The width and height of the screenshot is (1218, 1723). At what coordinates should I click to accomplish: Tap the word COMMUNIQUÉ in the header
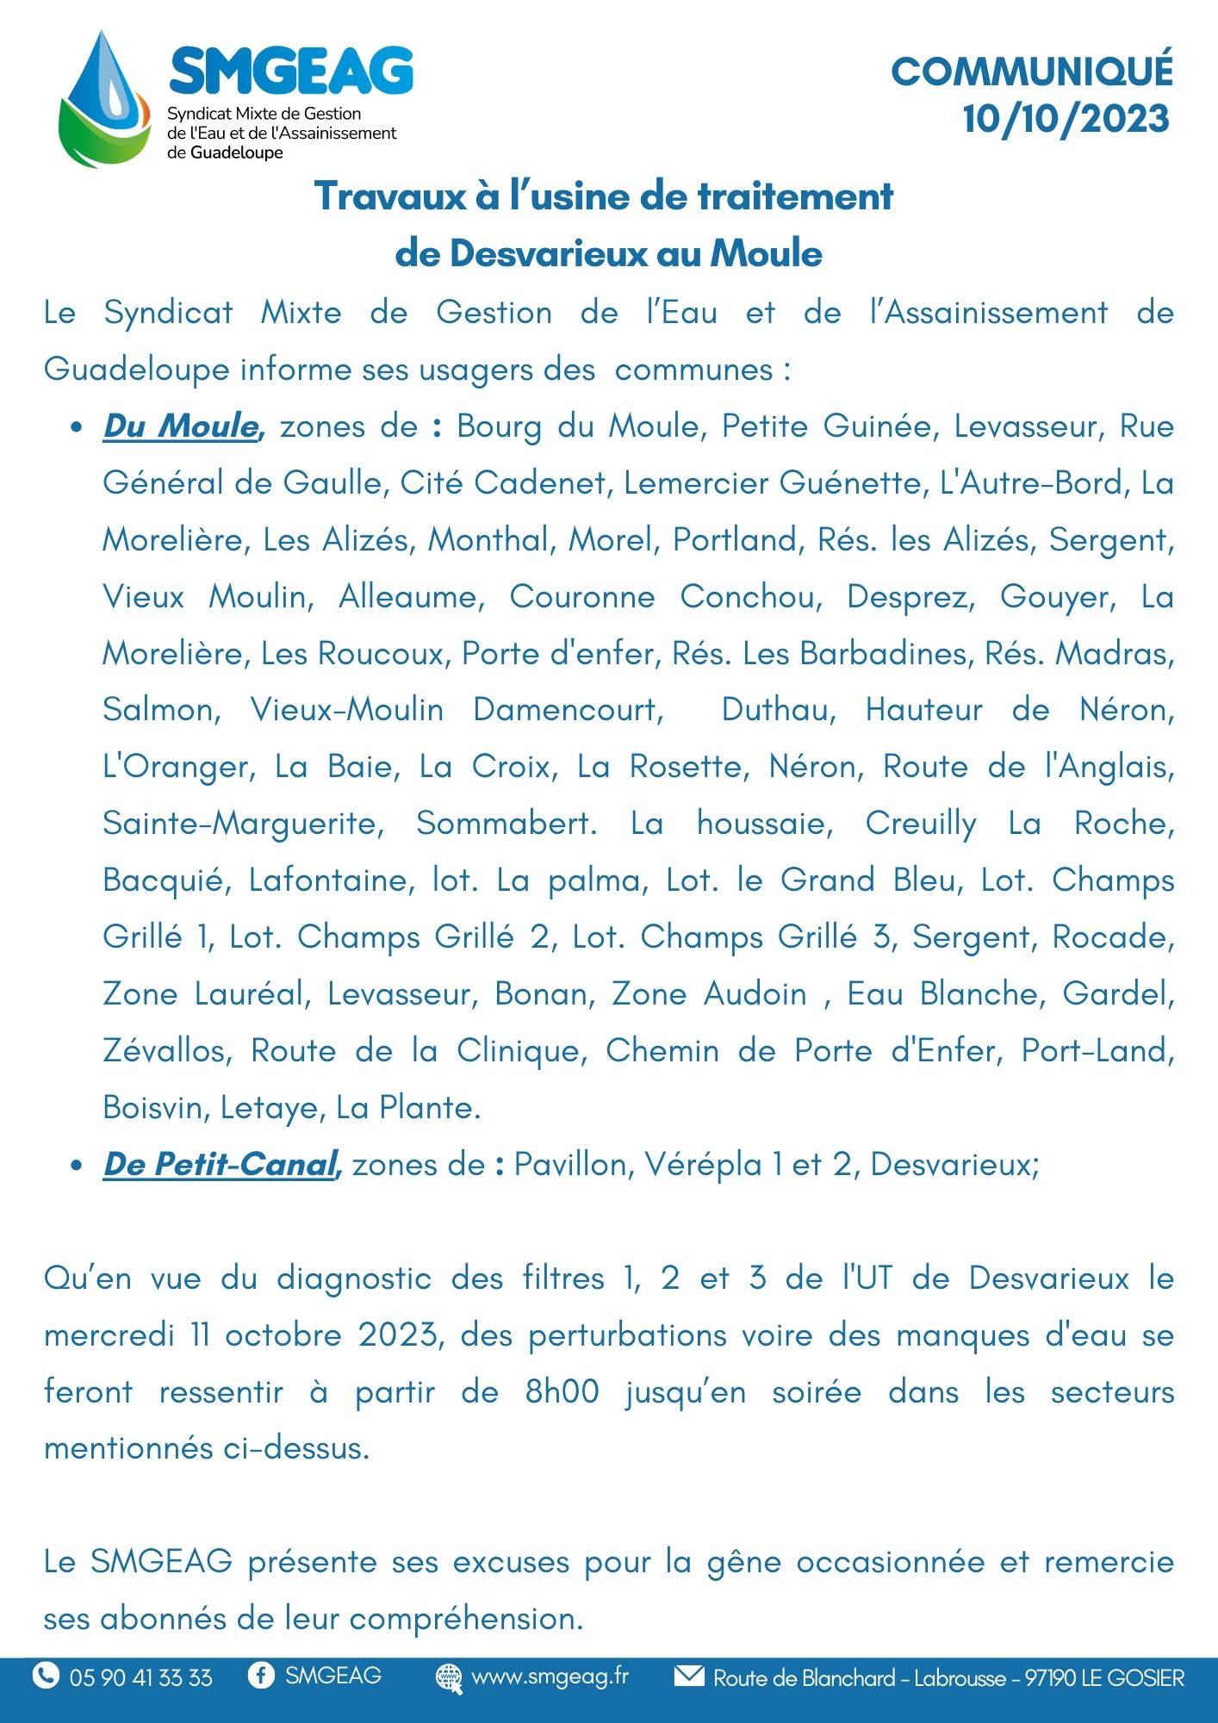[1032, 72]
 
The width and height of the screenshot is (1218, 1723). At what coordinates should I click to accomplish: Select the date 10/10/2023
[1066, 119]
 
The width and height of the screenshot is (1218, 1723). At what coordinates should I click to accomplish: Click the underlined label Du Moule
[181, 426]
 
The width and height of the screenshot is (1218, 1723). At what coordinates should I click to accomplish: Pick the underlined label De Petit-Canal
[220, 1165]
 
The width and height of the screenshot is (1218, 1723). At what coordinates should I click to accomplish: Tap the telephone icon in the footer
[45, 1676]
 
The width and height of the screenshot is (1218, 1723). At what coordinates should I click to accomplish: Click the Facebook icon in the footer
[260, 1675]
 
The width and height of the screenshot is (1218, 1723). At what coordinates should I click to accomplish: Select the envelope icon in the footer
[688, 1676]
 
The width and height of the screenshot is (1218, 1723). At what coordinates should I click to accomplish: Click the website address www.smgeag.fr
[550, 1676]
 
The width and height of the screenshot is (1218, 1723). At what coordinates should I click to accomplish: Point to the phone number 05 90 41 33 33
[141, 1677]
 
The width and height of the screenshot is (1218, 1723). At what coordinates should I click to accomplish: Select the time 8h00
[562, 1392]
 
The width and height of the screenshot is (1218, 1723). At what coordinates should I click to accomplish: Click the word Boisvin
[152, 1108]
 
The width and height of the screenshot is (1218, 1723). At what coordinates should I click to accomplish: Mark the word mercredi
[109, 1335]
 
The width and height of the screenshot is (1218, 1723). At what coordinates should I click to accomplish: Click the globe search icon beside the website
[448, 1676]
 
